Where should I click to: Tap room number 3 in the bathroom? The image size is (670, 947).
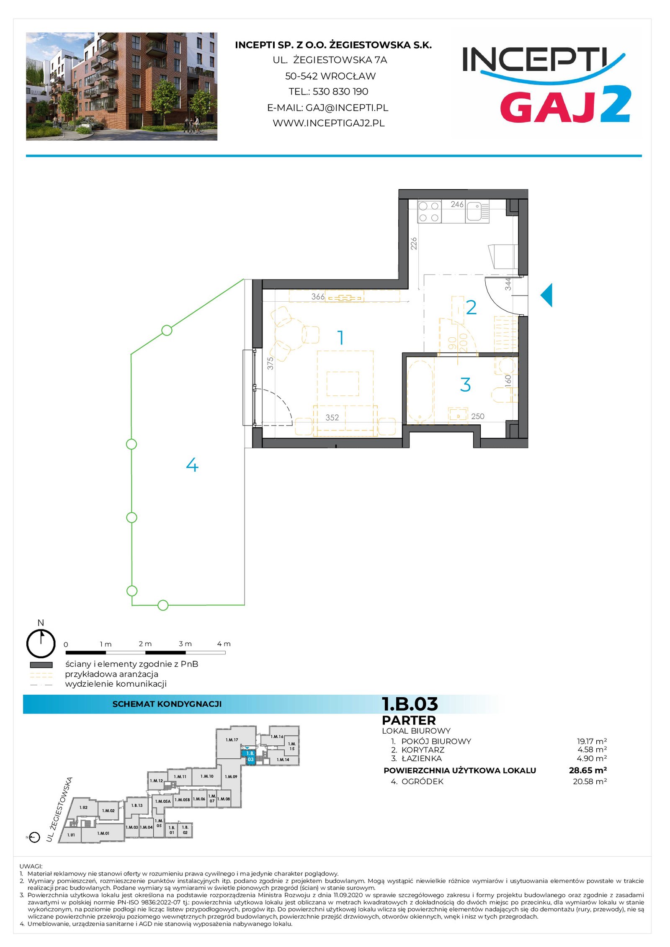465,385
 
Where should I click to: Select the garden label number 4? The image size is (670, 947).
192,465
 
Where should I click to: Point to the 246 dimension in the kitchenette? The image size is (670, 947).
457,204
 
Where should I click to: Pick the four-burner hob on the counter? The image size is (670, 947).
429,211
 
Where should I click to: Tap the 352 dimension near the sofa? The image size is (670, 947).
332,417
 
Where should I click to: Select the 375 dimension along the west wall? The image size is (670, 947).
271,363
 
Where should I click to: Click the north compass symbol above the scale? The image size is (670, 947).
41,643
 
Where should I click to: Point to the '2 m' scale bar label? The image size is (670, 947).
145,644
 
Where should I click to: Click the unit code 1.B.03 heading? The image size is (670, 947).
410,704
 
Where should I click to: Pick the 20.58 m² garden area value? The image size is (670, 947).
590,782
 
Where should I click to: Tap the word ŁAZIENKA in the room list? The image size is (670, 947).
422,758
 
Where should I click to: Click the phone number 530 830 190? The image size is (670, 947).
340,92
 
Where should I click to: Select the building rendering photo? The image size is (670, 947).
121,86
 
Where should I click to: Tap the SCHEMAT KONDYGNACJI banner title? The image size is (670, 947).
167,704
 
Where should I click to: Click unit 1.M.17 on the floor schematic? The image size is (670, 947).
232,740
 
